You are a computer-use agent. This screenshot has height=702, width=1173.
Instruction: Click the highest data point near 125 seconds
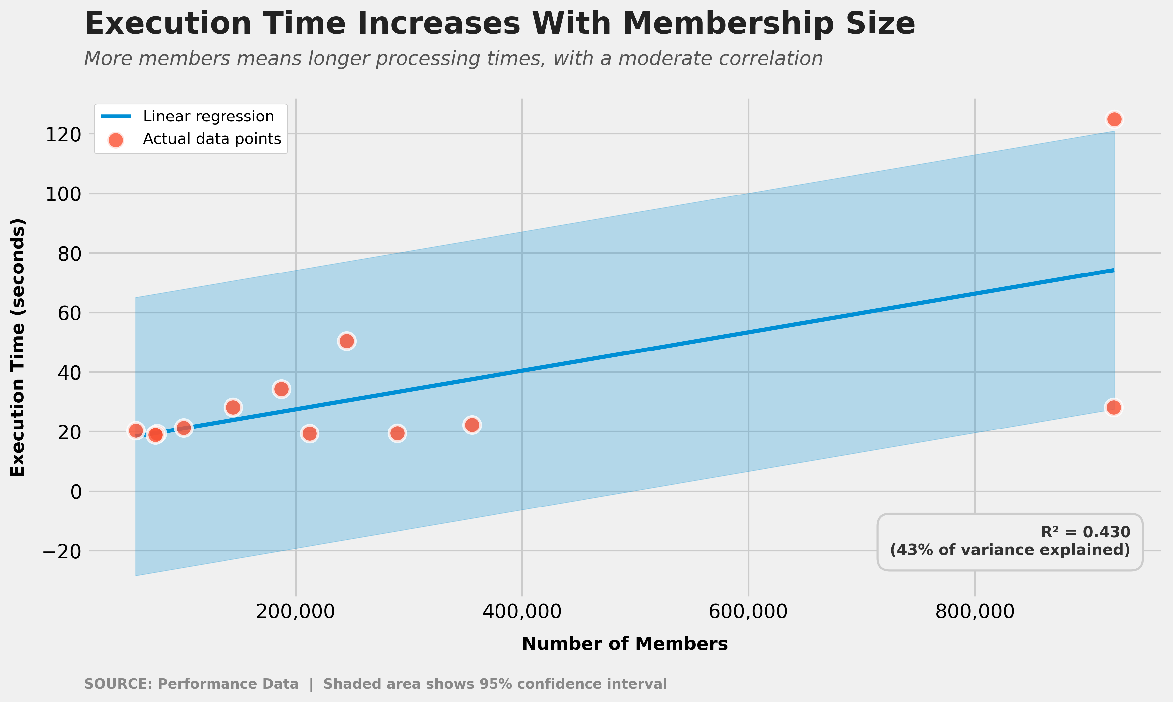tap(1114, 119)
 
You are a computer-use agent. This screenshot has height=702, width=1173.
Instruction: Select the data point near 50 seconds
tap(347, 341)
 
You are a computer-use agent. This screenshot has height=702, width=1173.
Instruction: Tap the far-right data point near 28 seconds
tap(1114, 407)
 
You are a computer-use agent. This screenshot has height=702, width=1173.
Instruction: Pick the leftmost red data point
tap(136, 430)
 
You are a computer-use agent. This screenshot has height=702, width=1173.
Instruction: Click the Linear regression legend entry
tap(208, 117)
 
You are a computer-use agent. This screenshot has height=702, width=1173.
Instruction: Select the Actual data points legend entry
tap(212, 139)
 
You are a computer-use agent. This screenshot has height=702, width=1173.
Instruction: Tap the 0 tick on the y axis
tap(76, 492)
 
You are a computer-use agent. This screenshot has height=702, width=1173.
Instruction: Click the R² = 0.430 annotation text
tap(1085, 532)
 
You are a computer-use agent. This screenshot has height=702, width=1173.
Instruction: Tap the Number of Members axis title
tap(625, 644)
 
